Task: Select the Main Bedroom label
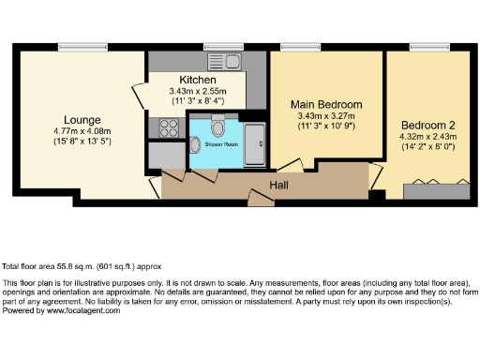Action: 326,104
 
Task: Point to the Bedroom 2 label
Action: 427,125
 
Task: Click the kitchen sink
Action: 229,62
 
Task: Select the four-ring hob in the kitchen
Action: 167,127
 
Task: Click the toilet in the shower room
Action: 217,127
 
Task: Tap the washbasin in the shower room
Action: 194,143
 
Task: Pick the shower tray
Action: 253,143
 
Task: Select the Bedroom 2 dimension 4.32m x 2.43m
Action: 427,137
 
